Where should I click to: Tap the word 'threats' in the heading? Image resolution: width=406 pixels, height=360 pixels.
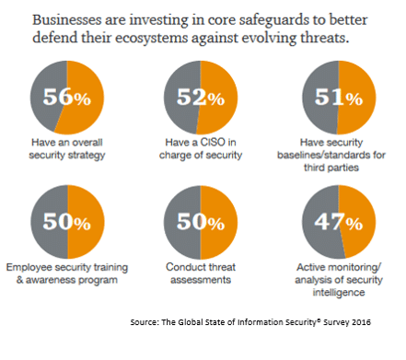tap(347, 41)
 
